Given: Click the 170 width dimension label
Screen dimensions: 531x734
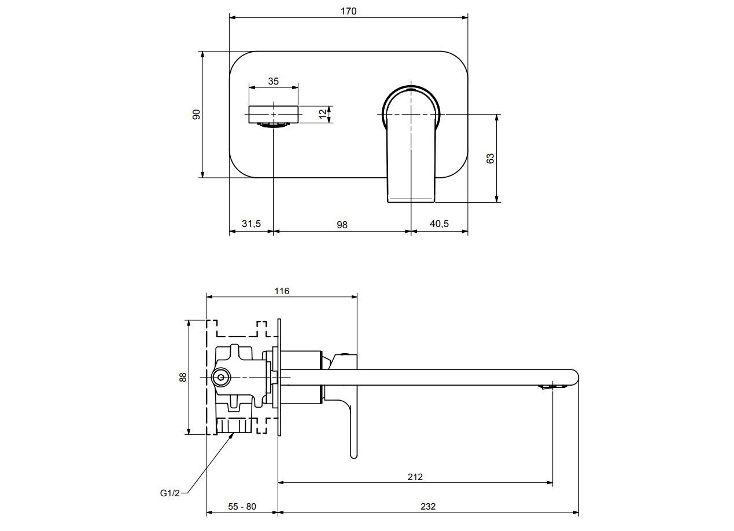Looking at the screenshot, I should click(x=348, y=11).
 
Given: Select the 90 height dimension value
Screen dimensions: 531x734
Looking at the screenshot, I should click(x=197, y=114).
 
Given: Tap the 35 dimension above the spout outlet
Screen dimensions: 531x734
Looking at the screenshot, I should click(x=274, y=81).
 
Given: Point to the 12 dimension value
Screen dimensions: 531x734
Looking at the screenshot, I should click(x=323, y=114).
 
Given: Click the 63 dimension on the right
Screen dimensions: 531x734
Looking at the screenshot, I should click(x=490, y=158).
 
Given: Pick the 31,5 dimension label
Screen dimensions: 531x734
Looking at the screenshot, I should click(x=251, y=224).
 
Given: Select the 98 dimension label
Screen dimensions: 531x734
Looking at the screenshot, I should click(x=342, y=224).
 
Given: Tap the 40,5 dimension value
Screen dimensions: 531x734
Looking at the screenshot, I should click(x=439, y=224).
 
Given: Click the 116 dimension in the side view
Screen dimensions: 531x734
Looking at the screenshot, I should click(x=282, y=291).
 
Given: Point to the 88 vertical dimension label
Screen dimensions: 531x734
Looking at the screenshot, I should click(x=183, y=377).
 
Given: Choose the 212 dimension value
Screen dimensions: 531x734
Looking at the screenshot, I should click(x=415, y=477).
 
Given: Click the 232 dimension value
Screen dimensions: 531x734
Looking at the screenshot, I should click(x=428, y=506).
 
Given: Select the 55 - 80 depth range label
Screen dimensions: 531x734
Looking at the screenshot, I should click(x=242, y=506).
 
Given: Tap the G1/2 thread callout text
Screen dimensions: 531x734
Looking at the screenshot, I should click(x=170, y=493).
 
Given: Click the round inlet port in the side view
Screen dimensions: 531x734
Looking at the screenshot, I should click(x=220, y=378).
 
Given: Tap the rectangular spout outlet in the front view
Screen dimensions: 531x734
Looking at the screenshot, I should click(x=274, y=115).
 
